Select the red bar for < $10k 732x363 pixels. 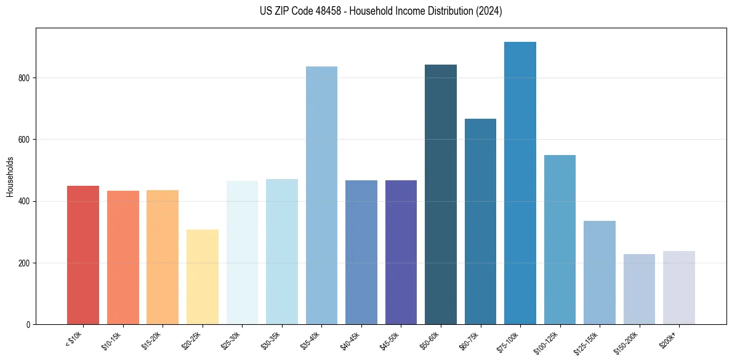(x=83, y=255)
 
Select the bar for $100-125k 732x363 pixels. (x=560, y=240)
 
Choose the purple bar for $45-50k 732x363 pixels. (x=401, y=252)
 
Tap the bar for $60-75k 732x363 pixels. (x=480, y=221)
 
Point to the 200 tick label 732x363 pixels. (x=25, y=263)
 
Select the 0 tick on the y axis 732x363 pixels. (x=29, y=325)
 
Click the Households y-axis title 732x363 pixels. (x=10, y=176)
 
